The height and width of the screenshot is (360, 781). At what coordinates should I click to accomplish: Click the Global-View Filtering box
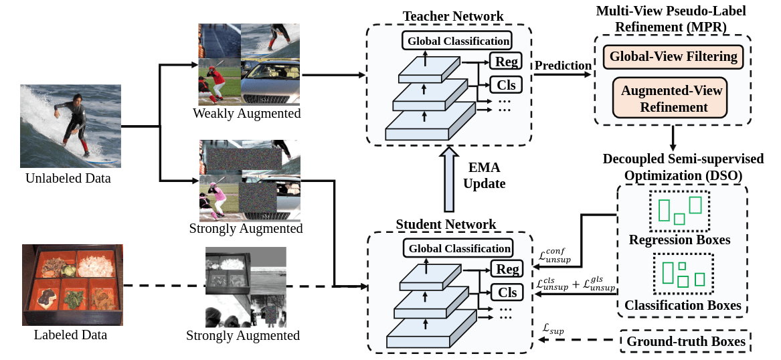(x=673, y=57)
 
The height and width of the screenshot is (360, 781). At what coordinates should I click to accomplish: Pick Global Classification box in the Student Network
(x=457, y=248)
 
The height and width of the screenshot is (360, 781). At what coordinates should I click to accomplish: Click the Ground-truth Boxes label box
(x=686, y=342)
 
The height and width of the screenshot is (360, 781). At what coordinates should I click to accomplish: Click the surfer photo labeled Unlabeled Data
(x=70, y=126)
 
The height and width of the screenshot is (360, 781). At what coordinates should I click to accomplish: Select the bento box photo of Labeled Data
(x=72, y=284)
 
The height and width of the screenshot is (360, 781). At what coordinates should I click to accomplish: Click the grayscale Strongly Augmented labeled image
(x=245, y=286)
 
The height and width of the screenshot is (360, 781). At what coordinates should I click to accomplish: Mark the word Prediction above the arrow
(x=563, y=66)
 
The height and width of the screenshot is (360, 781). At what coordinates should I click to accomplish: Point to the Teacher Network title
(x=453, y=16)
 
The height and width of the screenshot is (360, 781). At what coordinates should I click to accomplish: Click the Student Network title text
(x=446, y=224)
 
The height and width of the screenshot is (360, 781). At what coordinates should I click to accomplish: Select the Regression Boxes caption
(x=679, y=240)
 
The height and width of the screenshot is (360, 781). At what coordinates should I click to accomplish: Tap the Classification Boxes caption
(x=683, y=305)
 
